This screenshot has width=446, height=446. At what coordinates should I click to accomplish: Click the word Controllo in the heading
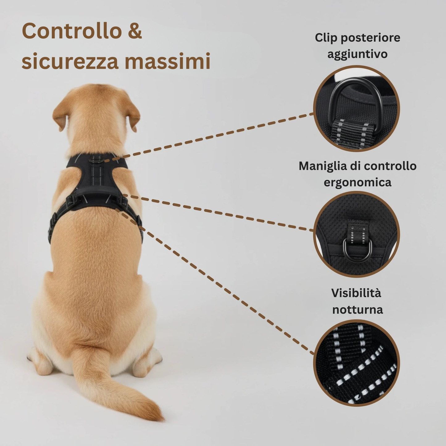pos(72,31)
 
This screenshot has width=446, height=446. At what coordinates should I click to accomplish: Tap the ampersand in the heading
pos(135,31)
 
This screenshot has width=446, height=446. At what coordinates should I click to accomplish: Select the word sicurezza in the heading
pos(70,61)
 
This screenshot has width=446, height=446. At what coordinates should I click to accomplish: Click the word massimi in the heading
pos(168,61)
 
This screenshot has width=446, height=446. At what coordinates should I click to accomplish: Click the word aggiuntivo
pos(357,54)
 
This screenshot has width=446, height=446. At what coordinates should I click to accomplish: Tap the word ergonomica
pos(357,182)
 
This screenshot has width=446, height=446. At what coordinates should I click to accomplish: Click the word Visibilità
pos(356,293)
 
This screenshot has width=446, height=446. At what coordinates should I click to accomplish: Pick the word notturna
pos(357,309)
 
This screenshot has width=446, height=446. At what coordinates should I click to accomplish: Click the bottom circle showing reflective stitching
pos(356,363)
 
